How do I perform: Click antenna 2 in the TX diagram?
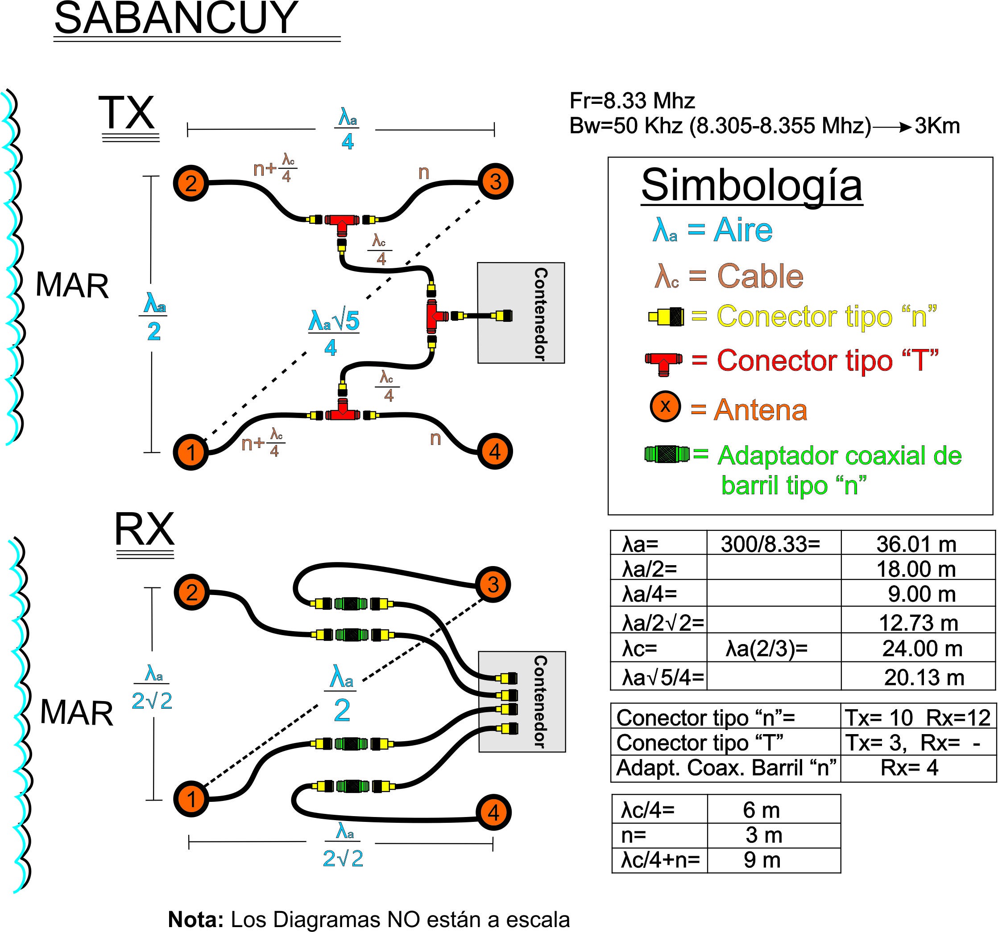pos(191,183)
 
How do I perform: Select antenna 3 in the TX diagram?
pos(496,181)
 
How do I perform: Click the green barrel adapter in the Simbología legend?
pos(667,455)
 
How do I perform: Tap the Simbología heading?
pos(752,185)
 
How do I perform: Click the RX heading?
pos(145,529)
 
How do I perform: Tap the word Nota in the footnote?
pos(196,920)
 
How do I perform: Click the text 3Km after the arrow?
pos(937,125)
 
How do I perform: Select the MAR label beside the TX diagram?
pos(72,286)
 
